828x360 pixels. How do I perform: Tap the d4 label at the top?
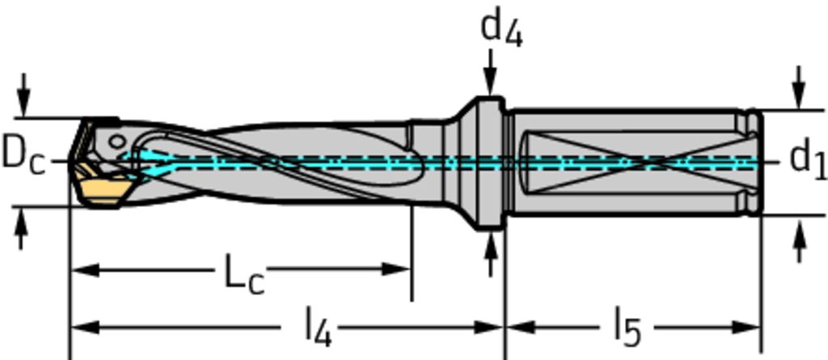pyautogui.click(x=501, y=28)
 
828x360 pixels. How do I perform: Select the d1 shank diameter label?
pyautogui.click(x=806, y=158)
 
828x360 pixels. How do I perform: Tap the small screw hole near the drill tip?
pyautogui.click(x=118, y=142)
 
